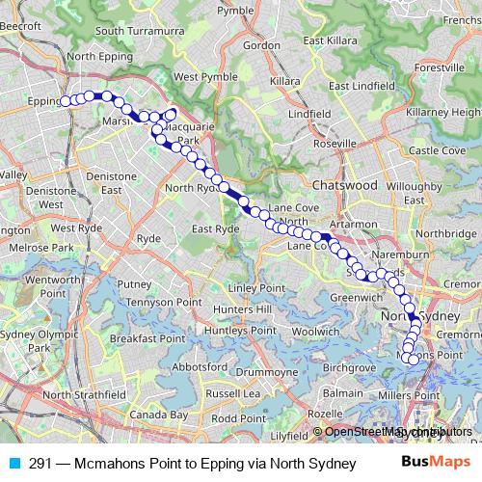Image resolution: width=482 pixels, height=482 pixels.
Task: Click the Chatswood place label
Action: click(344, 183)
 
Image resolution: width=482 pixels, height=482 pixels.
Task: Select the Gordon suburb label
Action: click(262, 44)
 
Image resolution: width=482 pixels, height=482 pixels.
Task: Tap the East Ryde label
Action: click(214, 228)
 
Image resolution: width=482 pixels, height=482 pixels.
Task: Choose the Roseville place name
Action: click(335, 144)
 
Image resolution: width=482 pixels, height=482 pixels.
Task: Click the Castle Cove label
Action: click(438, 150)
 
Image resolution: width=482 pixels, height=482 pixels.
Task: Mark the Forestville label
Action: click(439, 68)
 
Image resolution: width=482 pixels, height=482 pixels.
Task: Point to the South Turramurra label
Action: click(138, 31)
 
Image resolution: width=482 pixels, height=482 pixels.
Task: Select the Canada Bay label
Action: click(158, 415)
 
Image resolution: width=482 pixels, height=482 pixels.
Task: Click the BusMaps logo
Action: click(436, 461)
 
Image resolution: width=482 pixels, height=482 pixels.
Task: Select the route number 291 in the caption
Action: click(40, 462)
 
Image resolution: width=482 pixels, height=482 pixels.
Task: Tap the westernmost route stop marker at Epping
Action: click(66, 100)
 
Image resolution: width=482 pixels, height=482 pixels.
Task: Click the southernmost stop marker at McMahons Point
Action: click(415, 360)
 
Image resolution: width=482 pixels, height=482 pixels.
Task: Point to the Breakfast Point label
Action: click(147, 339)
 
